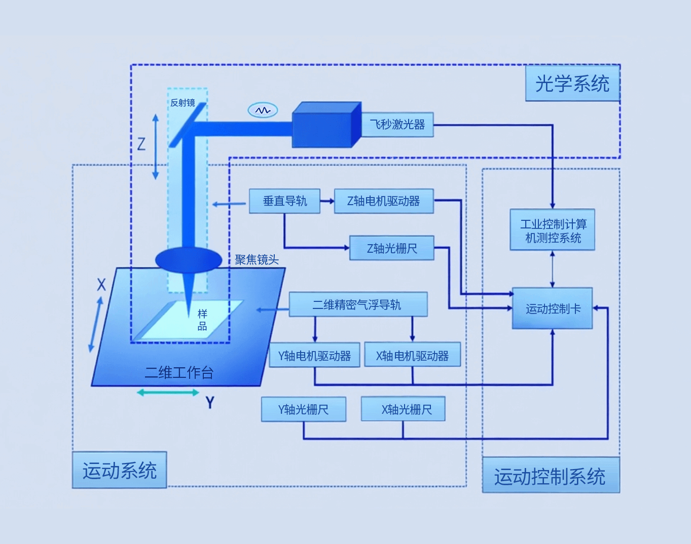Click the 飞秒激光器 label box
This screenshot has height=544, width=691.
397,125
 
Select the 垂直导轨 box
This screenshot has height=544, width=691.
284,201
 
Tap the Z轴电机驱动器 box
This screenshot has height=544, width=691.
384,201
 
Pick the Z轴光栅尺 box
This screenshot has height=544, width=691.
391,248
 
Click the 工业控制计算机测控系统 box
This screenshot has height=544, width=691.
553,230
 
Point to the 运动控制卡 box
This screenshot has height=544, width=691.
553,308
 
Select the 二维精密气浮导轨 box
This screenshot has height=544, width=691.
358,304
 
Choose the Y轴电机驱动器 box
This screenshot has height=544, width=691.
314,356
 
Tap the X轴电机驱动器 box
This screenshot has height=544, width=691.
412,356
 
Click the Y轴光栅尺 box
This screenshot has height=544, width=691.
303,409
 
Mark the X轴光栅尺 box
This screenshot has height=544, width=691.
404,409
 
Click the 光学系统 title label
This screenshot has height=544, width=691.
572,84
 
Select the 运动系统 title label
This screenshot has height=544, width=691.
120,471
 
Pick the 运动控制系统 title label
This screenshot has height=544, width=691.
551,476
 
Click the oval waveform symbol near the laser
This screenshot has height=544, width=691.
263,110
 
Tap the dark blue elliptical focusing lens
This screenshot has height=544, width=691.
189,260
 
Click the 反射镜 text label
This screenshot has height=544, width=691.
183,103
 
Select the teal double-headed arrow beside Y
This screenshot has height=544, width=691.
168,393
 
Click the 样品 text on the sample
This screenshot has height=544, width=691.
202,320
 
